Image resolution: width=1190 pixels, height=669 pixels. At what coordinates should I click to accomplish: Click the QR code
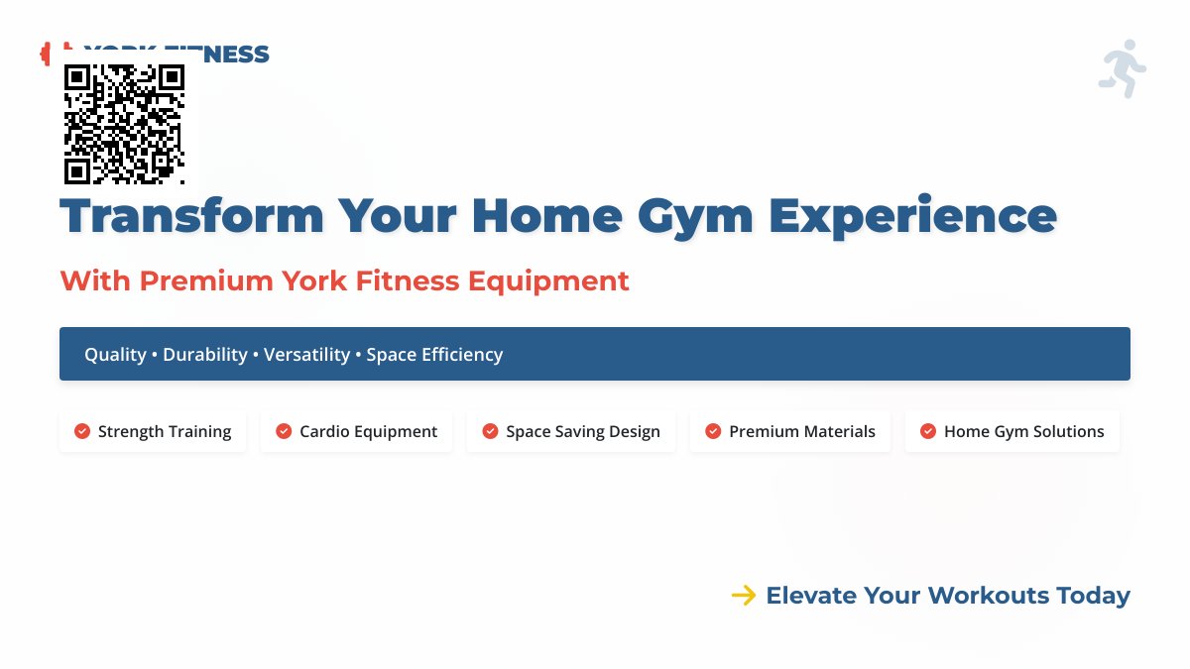pyautogui.click(x=124, y=124)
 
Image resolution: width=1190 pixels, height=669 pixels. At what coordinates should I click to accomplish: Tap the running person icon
pyautogui.click(x=1123, y=69)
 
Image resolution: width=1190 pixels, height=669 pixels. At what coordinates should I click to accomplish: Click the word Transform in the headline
pyautogui.click(x=192, y=216)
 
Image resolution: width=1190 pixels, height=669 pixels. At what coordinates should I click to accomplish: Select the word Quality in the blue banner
pyautogui.click(x=115, y=354)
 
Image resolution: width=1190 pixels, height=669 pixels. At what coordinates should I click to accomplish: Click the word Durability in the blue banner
pyautogui.click(x=205, y=354)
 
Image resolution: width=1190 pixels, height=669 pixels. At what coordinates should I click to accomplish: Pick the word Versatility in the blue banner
pyautogui.click(x=306, y=354)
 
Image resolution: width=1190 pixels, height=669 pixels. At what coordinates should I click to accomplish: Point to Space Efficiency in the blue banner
pyautogui.click(x=434, y=354)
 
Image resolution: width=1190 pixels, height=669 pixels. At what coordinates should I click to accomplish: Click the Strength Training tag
pyautogui.click(x=153, y=431)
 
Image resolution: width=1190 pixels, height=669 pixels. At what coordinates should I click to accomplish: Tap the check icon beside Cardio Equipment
pyautogui.click(x=284, y=431)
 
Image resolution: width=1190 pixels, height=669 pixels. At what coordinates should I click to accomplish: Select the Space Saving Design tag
pyautogui.click(x=571, y=431)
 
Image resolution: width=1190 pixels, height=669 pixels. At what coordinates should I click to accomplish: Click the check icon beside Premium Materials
pyautogui.click(x=713, y=431)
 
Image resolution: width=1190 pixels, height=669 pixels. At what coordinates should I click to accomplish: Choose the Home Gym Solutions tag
pyautogui.click(x=1012, y=431)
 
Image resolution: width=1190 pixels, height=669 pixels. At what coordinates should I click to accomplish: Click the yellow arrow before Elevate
pyautogui.click(x=744, y=596)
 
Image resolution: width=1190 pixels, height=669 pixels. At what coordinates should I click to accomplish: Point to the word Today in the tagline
pyautogui.click(x=1093, y=596)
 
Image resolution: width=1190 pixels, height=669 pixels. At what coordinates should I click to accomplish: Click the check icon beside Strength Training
pyautogui.click(x=82, y=431)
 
